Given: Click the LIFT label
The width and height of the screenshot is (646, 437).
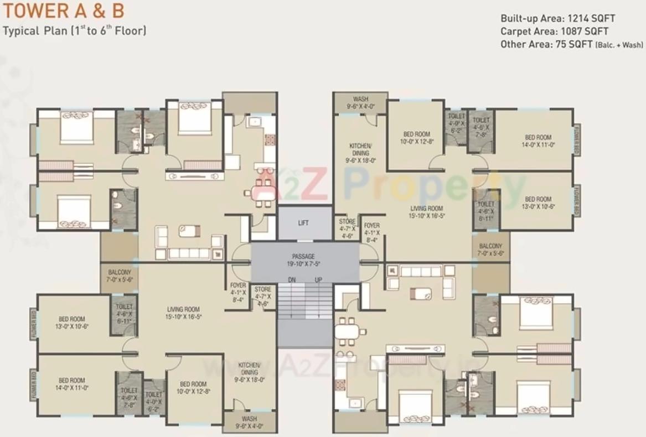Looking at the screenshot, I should (x=303, y=223).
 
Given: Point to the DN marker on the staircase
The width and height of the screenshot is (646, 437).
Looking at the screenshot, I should (x=292, y=280).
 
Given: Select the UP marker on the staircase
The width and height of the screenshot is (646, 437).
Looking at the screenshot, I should (x=318, y=280).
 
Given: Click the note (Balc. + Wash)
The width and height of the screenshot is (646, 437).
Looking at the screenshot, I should (x=619, y=45).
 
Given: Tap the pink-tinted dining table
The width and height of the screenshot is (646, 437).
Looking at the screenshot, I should (x=260, y=192).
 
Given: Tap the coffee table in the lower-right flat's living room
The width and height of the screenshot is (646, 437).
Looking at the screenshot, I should (x=421, y=293).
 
